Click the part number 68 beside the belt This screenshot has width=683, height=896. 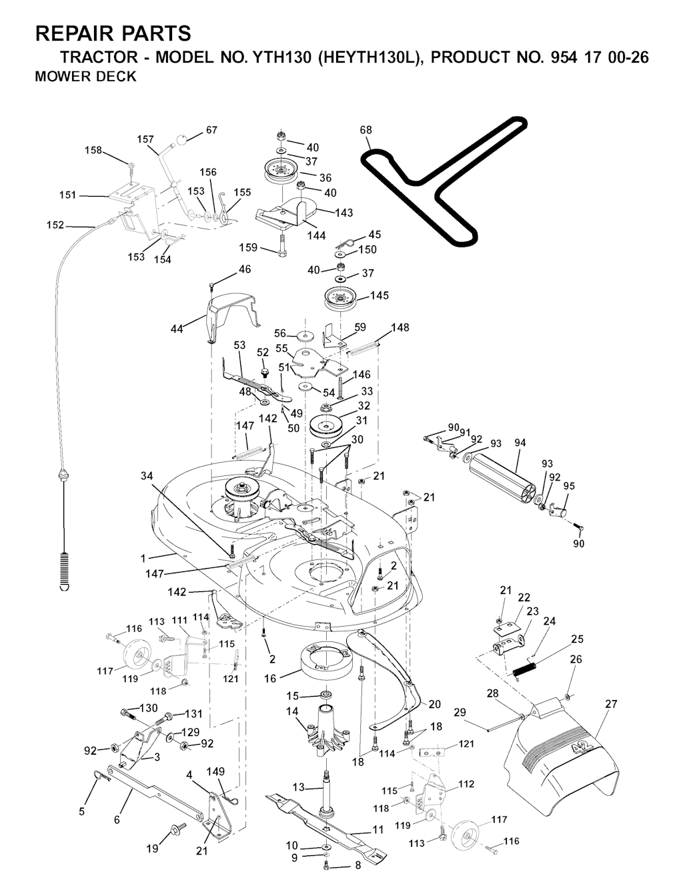[x=366, y=130]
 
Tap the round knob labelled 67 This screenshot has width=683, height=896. [x=182, y=141]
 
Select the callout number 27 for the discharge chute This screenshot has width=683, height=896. [x=611, y=703]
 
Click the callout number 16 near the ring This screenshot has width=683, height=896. [x=270, y=679]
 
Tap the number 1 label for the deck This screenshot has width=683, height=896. [x=143, y=557]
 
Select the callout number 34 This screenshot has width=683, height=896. [x=147, y=475]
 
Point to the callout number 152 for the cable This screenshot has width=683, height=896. [x=55, y=225]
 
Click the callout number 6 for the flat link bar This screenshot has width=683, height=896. [x=117, y=819]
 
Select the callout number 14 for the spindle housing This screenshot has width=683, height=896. [x=292, y=712]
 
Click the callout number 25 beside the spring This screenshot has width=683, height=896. [x=577, y=639]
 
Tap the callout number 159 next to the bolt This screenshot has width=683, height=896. [x=248, y=248]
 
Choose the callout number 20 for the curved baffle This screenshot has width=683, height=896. [x=435, y=704]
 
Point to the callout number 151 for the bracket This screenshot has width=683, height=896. [x=67, y=195]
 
